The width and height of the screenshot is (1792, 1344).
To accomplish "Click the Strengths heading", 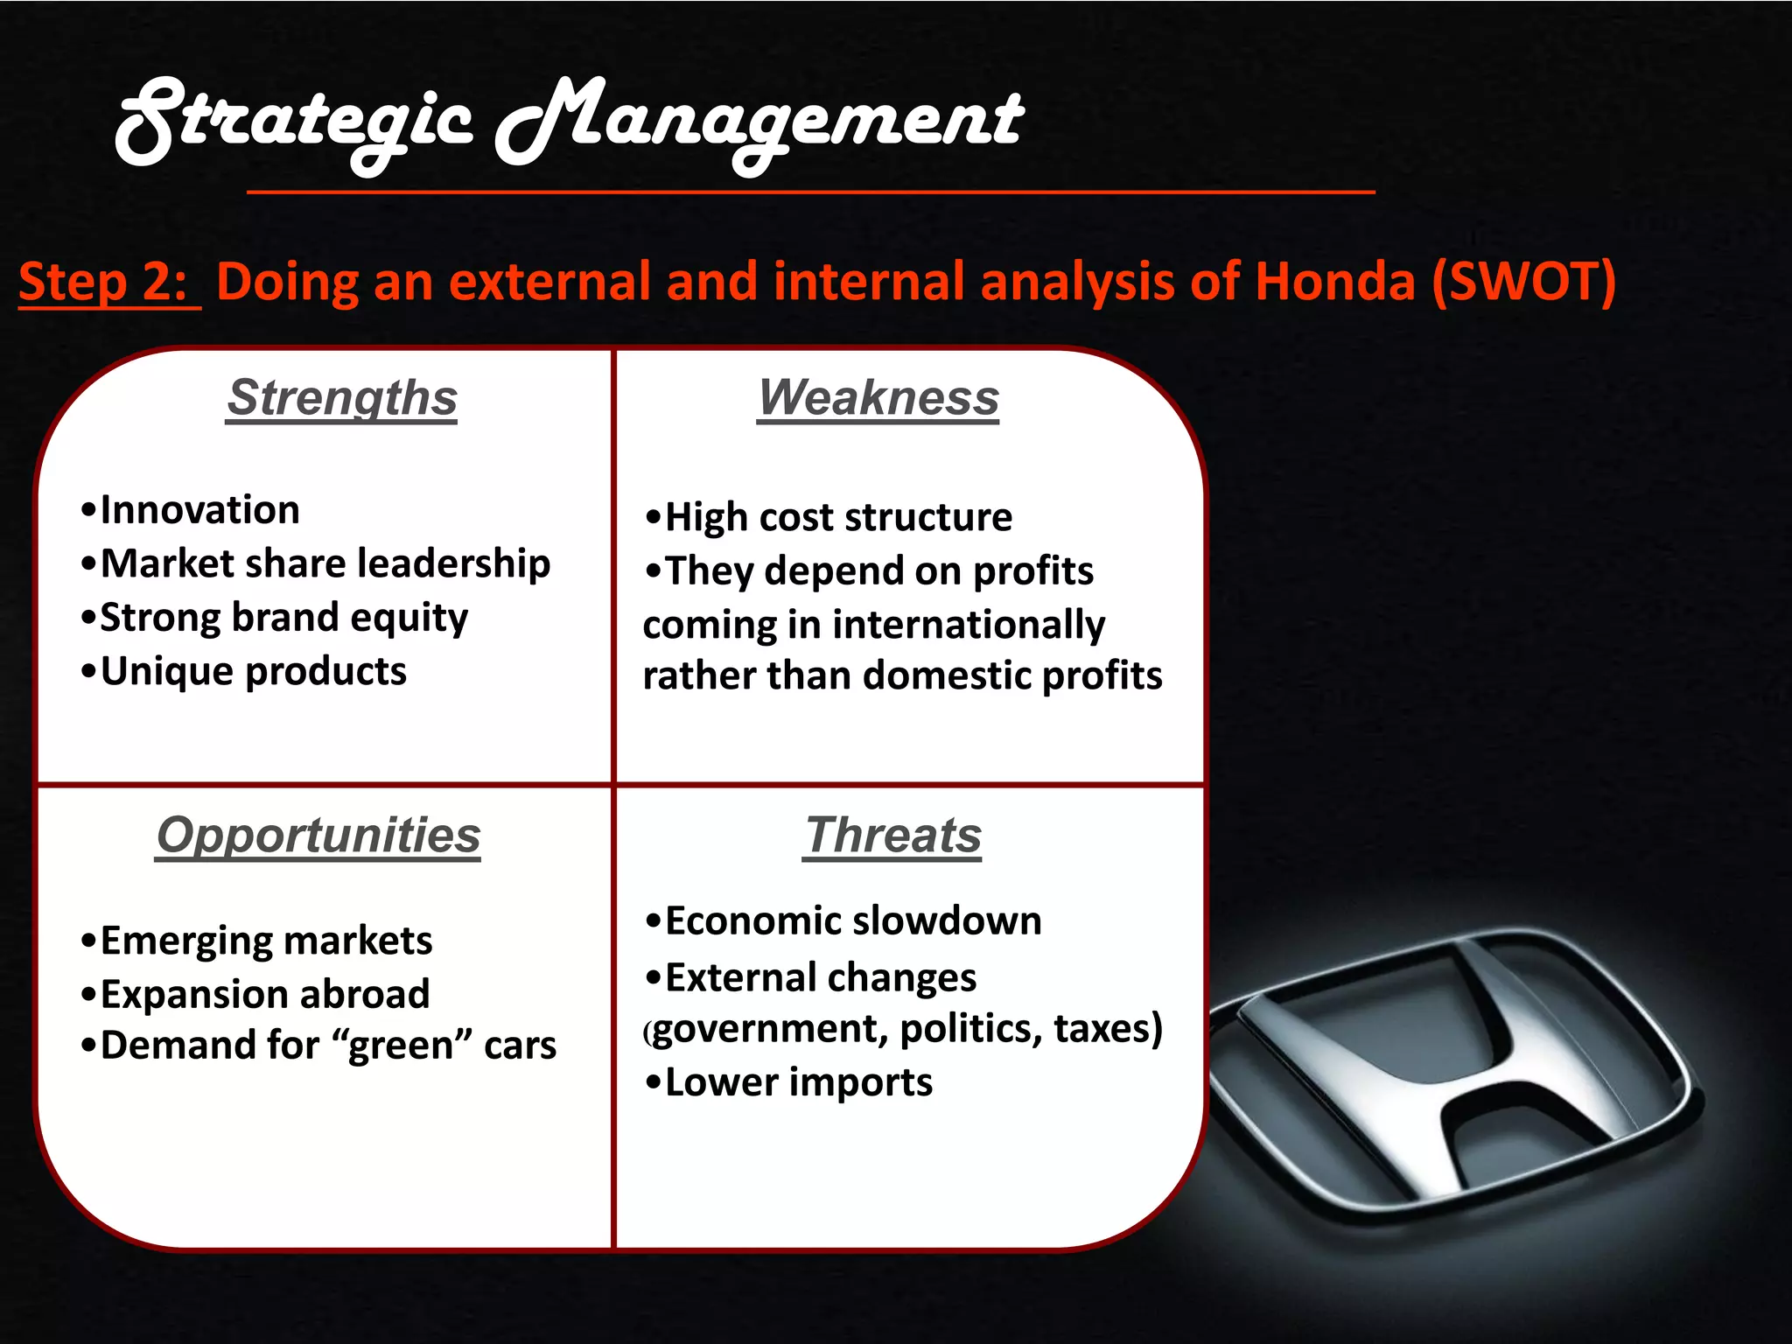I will (x=341, y=398).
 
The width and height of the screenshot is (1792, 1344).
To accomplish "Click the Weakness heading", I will (x=878, y=398).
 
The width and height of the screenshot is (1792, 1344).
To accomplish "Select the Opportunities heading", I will (x=318, y=836).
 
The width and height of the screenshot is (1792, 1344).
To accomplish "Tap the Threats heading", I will (x=892, y=836).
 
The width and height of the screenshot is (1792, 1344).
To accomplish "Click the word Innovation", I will (x=199, y=510).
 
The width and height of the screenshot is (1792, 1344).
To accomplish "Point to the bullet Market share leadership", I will (x=325, y=563).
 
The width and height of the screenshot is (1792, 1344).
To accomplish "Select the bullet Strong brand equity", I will (x=283, y=618).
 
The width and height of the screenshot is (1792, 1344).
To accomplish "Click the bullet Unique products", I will (x=253, y=671).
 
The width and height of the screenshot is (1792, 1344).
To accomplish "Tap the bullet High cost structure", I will (x=837, y=517).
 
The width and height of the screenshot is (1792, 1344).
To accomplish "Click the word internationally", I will (x=968, y=625).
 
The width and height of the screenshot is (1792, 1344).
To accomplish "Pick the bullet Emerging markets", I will (x=266, y=941).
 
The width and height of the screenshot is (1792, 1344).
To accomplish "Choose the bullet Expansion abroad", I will (x=264, y=994).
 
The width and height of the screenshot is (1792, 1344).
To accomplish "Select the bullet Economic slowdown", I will (x=852, y=921).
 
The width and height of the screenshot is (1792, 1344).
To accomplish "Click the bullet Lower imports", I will (x=798, y=1082).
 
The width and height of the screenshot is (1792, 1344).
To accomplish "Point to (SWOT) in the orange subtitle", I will (x=1523, y=282).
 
